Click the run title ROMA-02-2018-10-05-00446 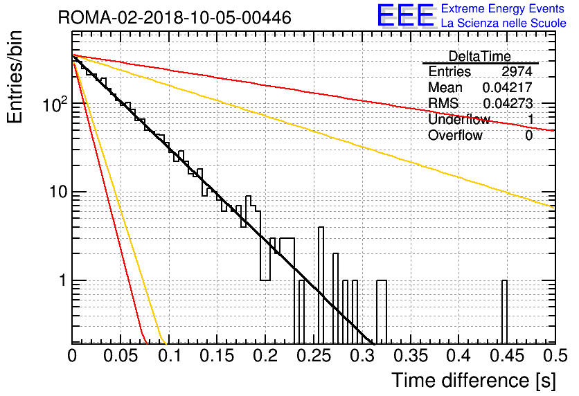click(175, 17)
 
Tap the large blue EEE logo click(406, 16)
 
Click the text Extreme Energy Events click(503, 8)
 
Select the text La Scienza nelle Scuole click(504, 23)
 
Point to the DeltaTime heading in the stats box click(479, 56)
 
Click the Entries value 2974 click(517, 71)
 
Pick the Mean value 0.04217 click(508, 87)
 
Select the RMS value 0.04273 click(508, 103)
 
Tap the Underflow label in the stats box click(459, 119)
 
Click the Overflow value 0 click(528, 136)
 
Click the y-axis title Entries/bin click(15, 77)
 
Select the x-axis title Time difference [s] click(474, 380)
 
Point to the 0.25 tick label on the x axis click(314, 356)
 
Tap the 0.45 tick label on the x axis click(507, 356)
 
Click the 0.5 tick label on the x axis click(555, 356)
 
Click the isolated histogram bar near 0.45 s click(504, 312)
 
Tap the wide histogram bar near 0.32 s click(382, 312)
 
